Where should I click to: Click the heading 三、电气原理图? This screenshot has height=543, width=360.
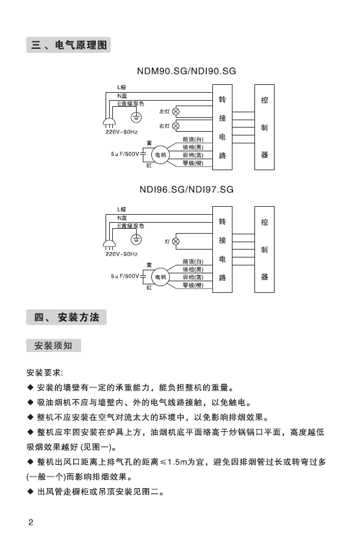click(x=68, y=45)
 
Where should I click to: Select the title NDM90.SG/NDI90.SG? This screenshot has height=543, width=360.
click(x=187, y=71)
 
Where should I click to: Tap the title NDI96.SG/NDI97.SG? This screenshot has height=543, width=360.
click(x=187, y=189)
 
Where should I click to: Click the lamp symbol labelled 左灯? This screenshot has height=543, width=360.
click(x=176, y=112)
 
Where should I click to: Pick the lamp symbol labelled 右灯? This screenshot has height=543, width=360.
click(x=176, y=126)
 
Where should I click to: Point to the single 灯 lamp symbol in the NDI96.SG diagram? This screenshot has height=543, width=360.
click(x=176, y=242)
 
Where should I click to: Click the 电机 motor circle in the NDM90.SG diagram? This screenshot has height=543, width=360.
click(x=160, y=155)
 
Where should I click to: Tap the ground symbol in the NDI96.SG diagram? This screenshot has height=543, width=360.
click(x=136, y=239)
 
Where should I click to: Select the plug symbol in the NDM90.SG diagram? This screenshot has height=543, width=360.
click(x=109, y=123)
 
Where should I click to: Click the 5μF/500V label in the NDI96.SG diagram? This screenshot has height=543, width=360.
click(x=124, y=276)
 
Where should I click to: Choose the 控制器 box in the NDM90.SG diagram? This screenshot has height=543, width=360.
click(x=264, y=127)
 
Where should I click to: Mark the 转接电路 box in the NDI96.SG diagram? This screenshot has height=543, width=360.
click(x=223, y=250)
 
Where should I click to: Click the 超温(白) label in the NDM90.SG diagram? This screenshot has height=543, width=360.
click(x=193, y=139)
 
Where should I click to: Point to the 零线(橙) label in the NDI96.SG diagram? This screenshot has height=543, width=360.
click(x=193, y=285)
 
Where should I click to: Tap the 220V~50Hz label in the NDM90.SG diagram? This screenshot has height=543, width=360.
click(x=121, y=132)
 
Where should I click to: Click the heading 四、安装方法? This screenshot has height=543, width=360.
click(x=67, y=317)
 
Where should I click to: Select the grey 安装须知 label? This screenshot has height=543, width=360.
click(x=54, y=345)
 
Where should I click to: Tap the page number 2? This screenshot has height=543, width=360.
click(x=31, y=522)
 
